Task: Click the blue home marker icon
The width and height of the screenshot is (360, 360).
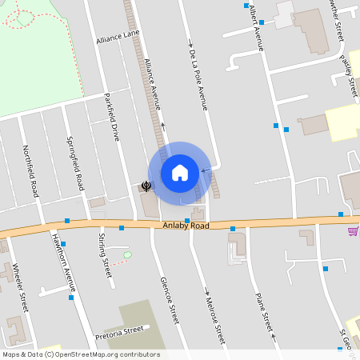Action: click(x=180, y=173)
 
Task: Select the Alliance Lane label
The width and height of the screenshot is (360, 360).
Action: click(x=118, y=38)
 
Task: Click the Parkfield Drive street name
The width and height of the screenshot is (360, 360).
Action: click(x=112, y=119)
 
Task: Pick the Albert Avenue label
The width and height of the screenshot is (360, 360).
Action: click(x=256, y=27)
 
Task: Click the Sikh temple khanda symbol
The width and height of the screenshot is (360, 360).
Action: click(x=147, y=186)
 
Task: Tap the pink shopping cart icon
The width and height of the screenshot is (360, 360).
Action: click(x=353, y=231)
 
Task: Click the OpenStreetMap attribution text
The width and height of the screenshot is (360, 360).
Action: click(x=80, y=354)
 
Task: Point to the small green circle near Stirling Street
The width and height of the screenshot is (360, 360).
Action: click(x=127, y=254)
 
